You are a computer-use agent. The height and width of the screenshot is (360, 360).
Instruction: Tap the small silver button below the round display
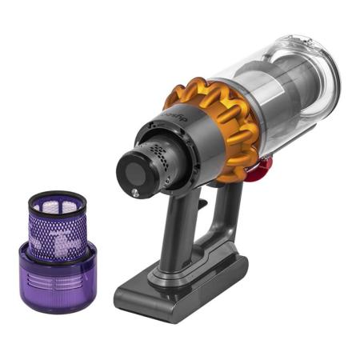click(135, 192)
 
